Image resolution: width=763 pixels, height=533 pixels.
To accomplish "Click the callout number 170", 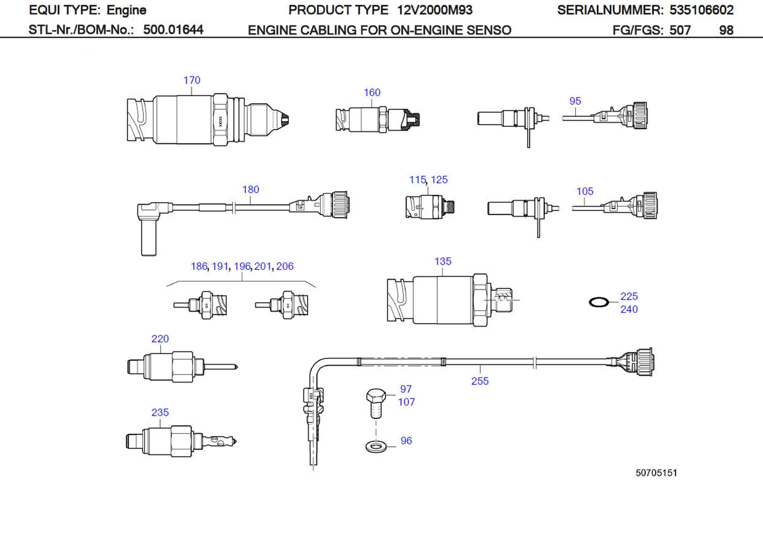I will point(192,80).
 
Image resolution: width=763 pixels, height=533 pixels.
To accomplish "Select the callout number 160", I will point(372,92).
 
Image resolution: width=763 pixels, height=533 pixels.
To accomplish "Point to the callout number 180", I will point(251,189).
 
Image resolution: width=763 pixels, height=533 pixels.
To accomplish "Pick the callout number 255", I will point(480,381).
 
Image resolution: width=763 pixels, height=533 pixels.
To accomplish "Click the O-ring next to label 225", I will point(599,302).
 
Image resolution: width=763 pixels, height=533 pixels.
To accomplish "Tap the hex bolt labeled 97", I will point(376,403).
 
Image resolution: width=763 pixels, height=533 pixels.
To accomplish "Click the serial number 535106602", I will point(701,10).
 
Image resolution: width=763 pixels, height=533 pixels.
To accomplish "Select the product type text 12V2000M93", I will point(435,10).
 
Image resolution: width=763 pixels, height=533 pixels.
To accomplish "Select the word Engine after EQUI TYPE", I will point(126,10).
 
